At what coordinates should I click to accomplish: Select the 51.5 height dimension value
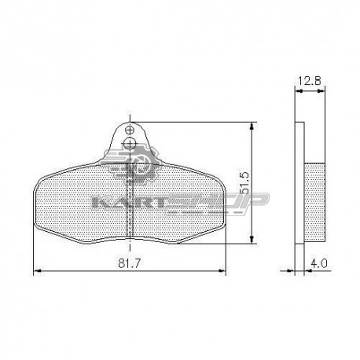pos(245,183)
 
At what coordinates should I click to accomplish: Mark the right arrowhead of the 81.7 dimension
pos(222,271)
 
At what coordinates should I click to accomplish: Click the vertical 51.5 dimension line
pos(252,157)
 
